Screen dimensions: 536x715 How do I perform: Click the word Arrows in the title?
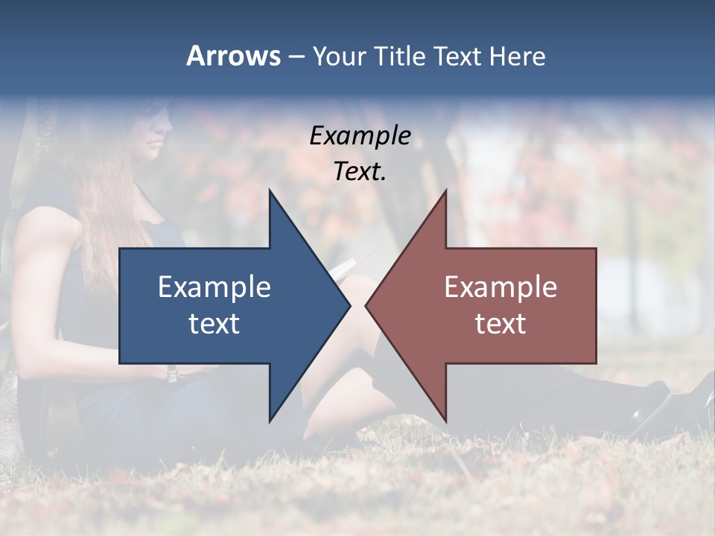point(233,56)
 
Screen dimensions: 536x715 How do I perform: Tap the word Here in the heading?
point(518,56)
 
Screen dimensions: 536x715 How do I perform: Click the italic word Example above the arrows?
point(360,135)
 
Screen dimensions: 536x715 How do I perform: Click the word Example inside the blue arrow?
point(214,287)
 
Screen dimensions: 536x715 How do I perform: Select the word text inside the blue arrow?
point(214,324)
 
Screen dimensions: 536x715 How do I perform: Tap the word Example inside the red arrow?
point(500,287)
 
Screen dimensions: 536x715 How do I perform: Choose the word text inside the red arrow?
point(500,324)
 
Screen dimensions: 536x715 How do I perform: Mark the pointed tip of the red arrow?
point(366,305)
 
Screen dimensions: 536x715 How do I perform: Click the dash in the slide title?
point(296,57)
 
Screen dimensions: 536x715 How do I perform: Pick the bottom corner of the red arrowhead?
point(445,421)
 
